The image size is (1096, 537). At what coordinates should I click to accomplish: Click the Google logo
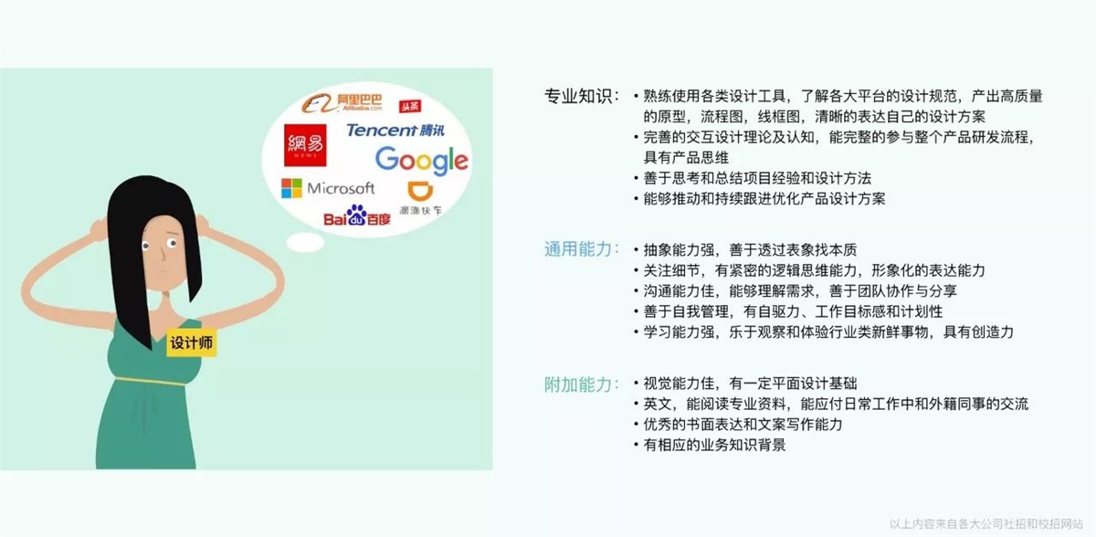coord(421,161)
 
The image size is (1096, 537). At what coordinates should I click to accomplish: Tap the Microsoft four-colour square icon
coord(291,188)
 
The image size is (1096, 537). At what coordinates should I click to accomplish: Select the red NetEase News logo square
coord(305,145)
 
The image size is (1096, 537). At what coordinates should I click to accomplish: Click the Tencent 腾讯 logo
coord(395,130)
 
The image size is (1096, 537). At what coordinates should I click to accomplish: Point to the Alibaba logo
coord(342,102)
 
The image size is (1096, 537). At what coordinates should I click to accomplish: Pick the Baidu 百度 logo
coord(357,216)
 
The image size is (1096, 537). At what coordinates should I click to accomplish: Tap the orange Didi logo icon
coord(420,191)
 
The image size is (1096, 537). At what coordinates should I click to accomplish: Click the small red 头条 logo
coord(410,106)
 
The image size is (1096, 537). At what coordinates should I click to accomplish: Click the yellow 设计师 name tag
coord(191,342)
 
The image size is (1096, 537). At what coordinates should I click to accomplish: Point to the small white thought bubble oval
coord(305,242)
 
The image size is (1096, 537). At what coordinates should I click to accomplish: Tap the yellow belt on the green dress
coord(151,381)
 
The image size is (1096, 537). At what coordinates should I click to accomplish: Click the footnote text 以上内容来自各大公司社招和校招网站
coord(985,524)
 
